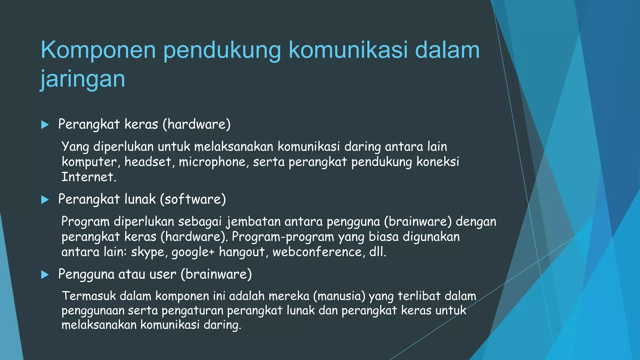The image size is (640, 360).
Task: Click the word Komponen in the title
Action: (98, 50)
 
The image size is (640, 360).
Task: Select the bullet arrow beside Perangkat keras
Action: (45, 125)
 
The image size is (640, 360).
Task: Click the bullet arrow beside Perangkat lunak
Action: (45, 200)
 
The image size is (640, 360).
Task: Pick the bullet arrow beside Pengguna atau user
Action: (45, 275)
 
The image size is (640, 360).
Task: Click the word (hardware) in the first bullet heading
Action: (197, 124)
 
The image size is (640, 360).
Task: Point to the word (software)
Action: (193, 199)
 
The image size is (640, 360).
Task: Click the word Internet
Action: (89, 177)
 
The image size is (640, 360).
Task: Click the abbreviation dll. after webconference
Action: (378, 252)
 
